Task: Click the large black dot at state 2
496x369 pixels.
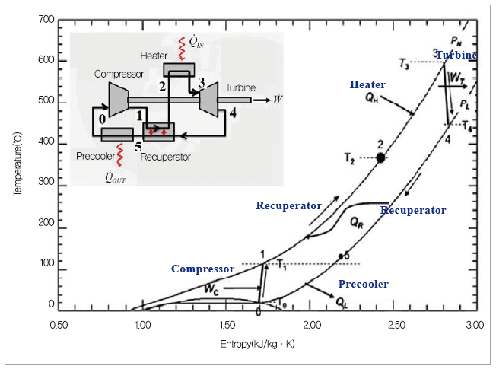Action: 380,157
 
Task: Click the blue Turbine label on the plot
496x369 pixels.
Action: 456,55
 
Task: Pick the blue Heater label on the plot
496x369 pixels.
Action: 367,84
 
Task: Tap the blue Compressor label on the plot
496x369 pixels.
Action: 202,269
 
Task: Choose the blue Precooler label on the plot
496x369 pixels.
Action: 363,284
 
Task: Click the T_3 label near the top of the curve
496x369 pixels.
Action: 404,66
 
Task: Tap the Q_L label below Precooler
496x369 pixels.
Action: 342,301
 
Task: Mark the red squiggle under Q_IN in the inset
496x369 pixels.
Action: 182,49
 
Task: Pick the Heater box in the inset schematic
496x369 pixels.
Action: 179,70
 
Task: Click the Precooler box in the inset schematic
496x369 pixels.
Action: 117,134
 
